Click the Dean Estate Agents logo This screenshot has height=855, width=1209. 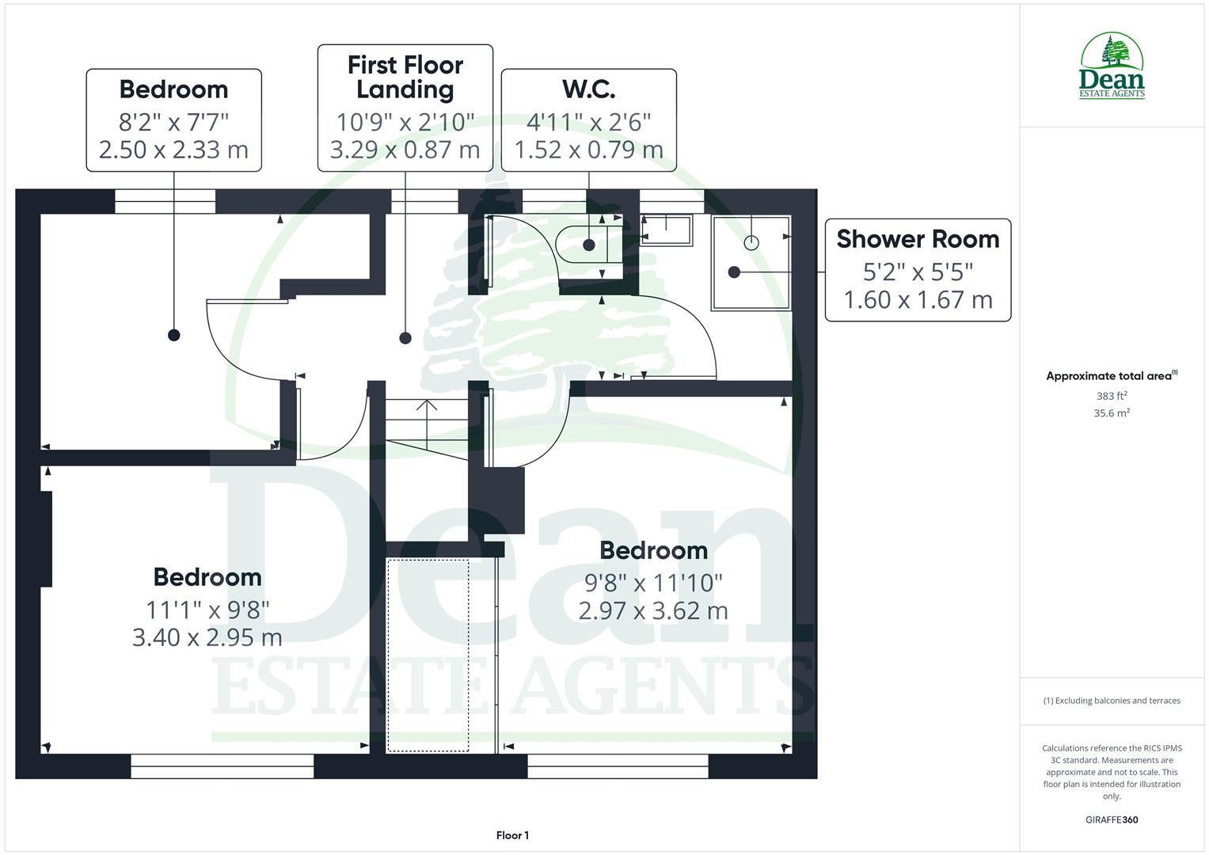pos(1112,66)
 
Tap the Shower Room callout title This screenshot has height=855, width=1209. pos(918,239)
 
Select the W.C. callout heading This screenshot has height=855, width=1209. pos(588,89)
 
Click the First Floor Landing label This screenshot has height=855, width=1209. pos(405,77)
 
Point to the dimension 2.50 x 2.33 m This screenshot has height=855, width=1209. pos(173,150)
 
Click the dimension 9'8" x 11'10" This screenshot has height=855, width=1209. pos(653,583)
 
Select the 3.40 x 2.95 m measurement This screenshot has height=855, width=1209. pos(207,637)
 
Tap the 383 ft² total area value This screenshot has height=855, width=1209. pos(1112,396)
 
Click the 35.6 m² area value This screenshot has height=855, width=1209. pos(1112,413)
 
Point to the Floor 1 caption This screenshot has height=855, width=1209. pos(512,835)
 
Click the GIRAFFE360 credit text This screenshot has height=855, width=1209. pos(1112,820)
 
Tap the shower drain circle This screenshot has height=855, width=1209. pos(751,243)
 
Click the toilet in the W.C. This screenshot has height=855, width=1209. pos(582,245)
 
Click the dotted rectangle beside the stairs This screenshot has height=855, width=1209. pos(428,655)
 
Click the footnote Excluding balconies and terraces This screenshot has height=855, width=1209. pos(1112,701)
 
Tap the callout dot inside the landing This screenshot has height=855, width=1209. pos(405,338)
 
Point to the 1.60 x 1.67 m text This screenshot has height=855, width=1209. pos(918,300)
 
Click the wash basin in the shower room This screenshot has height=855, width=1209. pos(667,230)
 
